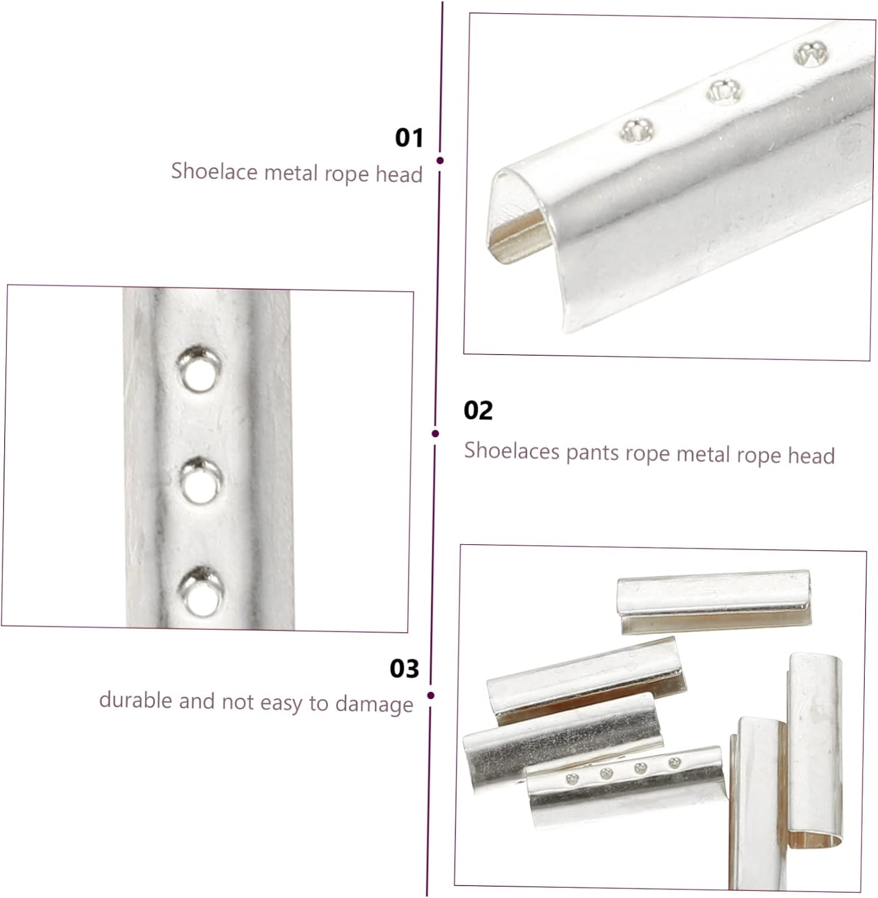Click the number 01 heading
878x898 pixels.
(x=409, y=138)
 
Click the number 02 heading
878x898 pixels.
(x=478, y=411)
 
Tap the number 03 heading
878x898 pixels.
(x=404, y=669)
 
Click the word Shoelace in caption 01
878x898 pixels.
(x=214, y=171)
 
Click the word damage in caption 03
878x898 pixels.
(x=374, y=705)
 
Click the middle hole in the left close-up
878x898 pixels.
(x=202, y=481)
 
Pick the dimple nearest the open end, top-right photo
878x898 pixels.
(x=636, y=130)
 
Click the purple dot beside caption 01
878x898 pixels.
(x=440, y=160)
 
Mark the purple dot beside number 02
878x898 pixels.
(x=435, y=433)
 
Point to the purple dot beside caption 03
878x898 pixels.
(x=431, y=696)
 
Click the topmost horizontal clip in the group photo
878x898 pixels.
(x=714, y=601)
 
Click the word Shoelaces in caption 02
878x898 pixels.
(x=512, y=450)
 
